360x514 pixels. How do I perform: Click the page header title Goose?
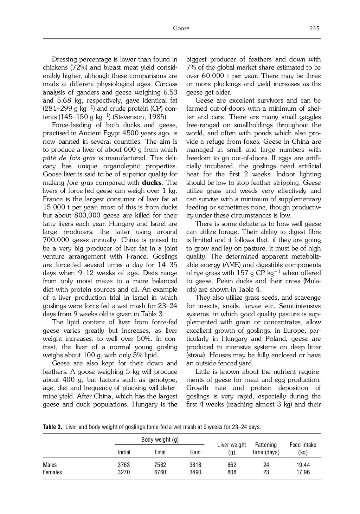point(181,28)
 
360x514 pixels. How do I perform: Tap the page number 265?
point(314,28)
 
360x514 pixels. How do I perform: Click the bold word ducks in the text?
point(152,183)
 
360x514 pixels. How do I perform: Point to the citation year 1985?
point(158,117)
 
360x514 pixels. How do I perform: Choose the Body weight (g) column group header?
point(160,440)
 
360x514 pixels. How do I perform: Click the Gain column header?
point(195,452)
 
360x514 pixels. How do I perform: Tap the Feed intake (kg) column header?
point(303,448)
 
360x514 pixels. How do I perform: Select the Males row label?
point(50,465)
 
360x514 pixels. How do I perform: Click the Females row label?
point(52,472)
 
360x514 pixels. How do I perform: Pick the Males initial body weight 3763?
point(123,465)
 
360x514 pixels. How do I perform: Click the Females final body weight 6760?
point(160,472)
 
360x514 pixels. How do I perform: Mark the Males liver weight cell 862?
point(232,465)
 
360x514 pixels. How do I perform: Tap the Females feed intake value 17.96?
point(303,472)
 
